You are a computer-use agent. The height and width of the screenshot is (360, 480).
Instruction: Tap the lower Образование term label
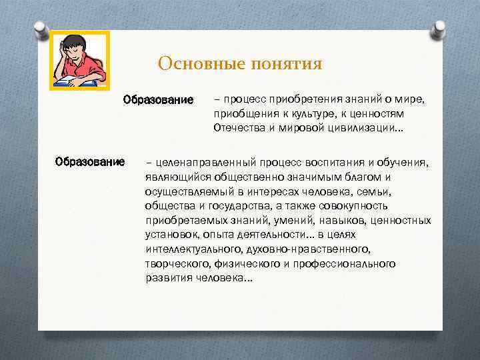click(90, 161)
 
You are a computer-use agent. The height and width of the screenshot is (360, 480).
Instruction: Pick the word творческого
click(176, 264)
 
